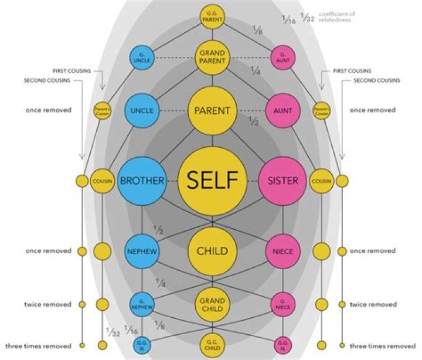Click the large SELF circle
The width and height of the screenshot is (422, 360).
click(211, 181)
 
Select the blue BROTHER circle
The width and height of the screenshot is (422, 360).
click(142, 181)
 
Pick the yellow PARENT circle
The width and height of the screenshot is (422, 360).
click(211, 110)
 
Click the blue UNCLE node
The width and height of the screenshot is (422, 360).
click(142, 110)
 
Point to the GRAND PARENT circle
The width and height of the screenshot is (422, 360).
click(211, 57)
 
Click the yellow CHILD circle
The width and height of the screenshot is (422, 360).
click(211, 251)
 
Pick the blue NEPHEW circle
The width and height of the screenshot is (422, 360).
click(142, 251)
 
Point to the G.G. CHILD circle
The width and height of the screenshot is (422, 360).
click(211, 344)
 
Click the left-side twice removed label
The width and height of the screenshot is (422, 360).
click(48, 304)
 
